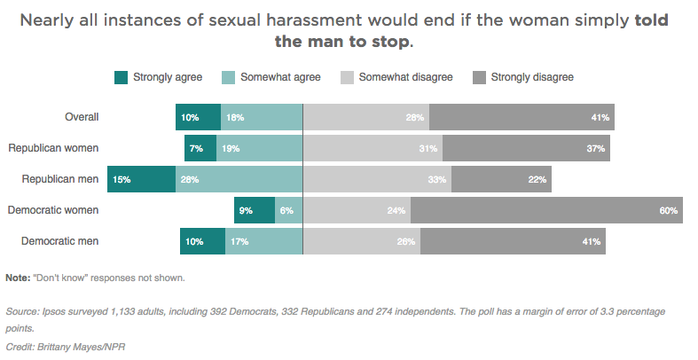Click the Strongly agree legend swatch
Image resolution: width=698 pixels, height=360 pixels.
pyautogui.click(x=122, y=77)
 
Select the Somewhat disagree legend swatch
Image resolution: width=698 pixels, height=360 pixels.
pyautogui.click(x=347, y=77)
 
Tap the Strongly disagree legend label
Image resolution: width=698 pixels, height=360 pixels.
pyautogui.click(x=532, y=77)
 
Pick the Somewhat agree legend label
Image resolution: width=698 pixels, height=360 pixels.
pyautogui.click(x=280, y=77)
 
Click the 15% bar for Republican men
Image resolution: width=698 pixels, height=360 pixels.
pyautogui.click(x=142, y=179)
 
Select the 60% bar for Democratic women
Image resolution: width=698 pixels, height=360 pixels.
pyautogui.click(x=546, y=210)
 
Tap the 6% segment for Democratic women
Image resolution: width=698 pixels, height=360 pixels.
pyautogui.click(x=289, y=210)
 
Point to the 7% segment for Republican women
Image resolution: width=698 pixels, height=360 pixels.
pyautogui.click(x=200, y=148)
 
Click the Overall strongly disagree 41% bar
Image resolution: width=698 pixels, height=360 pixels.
pyautogui.click(x=522, y=117)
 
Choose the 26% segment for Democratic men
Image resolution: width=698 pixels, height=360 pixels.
pyautogui.click(x=362, y=241)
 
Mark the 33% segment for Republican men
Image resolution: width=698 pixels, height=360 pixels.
pyautogui.click(x=377, y=179)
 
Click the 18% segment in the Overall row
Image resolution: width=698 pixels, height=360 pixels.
pyautogui.click(x=262, y=117)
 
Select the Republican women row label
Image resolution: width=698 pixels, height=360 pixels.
pyautogui.click(x=53, y=148)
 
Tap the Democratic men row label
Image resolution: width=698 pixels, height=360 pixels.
pyautogui.click(x=60, y=241)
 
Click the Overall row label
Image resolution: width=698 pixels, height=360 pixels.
pyautogui.click(x=82, y=117)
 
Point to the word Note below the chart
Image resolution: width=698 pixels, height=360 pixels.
pyautogui.click(x=18, y=278)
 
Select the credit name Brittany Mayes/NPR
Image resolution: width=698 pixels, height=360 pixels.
pyautogui.click(x=81, y=347)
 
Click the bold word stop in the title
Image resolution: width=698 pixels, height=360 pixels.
pyautogui.click(x=388, y=42)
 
